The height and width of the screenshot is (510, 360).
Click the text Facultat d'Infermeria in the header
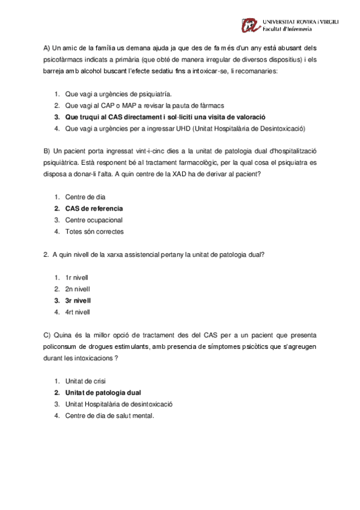287,29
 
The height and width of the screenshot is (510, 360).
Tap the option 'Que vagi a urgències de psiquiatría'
118,94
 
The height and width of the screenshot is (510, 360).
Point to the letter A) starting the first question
47,48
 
